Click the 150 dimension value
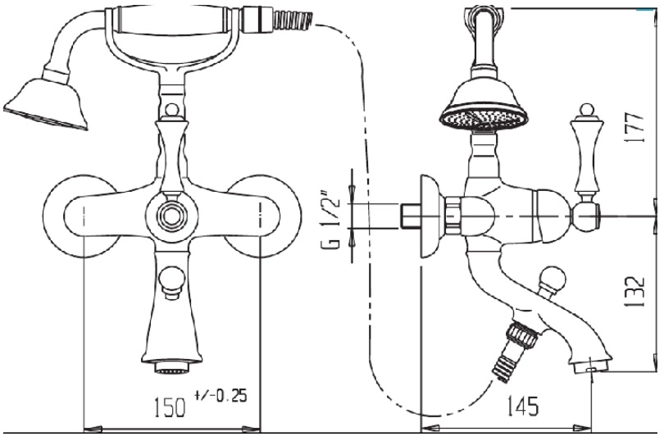click(168, 407)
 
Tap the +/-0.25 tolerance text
click(221, 395)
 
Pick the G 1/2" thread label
click(333, 221)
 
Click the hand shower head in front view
click(45, 101)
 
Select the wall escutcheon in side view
click(431, 216)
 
